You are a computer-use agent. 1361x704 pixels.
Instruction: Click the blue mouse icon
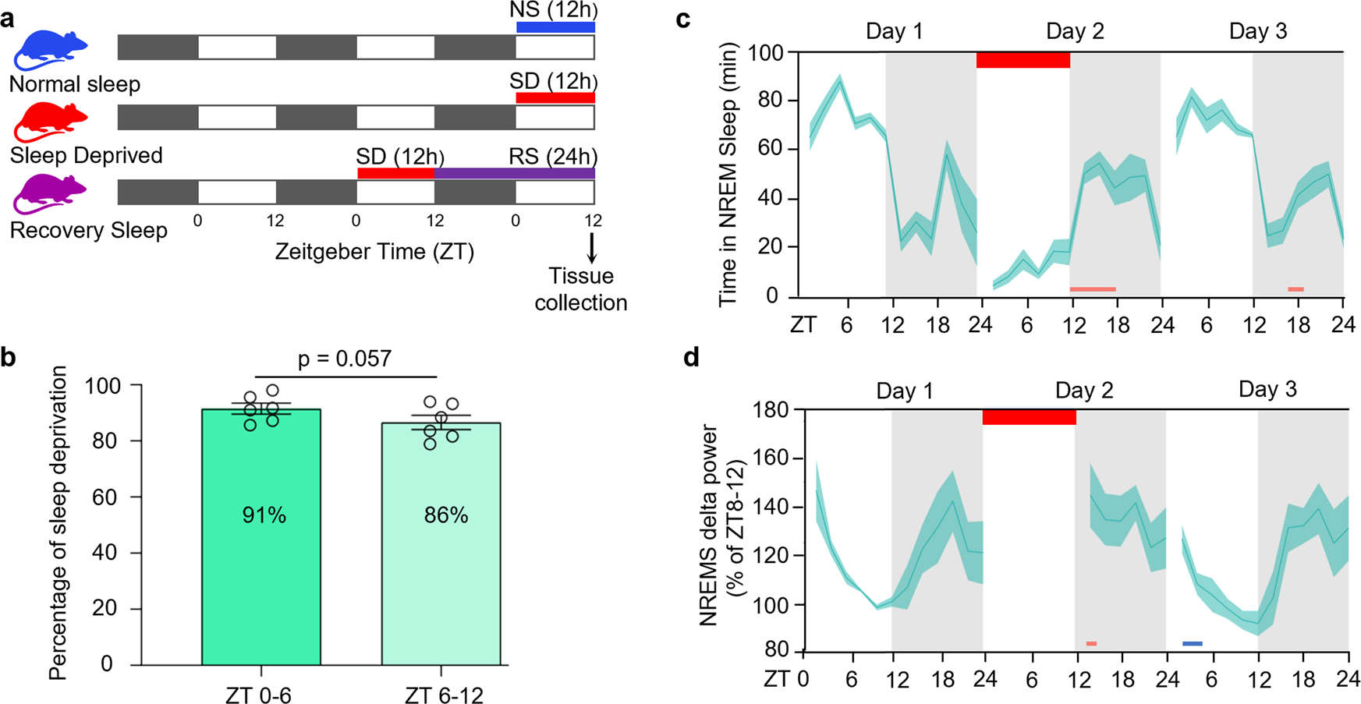coord(51,50)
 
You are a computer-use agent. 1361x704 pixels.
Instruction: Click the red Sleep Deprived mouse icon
coord(51,121)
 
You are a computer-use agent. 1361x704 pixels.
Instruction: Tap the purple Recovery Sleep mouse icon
coord(51,194)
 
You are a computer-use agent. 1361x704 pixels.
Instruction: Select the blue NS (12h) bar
coord(555,27)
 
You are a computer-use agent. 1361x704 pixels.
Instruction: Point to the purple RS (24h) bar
coord(515,173)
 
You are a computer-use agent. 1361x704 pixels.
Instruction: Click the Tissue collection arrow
coord(592,247)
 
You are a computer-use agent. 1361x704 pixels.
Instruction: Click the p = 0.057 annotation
coord(344,359)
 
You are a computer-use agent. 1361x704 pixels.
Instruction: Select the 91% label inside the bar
coord(264,515)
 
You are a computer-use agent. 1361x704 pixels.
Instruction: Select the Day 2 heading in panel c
coord(1074,32)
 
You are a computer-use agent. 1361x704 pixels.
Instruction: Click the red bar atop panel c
coord(1023,60)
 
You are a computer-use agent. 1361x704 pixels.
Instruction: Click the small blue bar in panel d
coord(1192,644)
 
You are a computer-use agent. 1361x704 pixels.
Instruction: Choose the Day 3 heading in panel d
coord(1267,389)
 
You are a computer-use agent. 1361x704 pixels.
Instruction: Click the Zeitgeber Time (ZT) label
coord(374,253)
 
